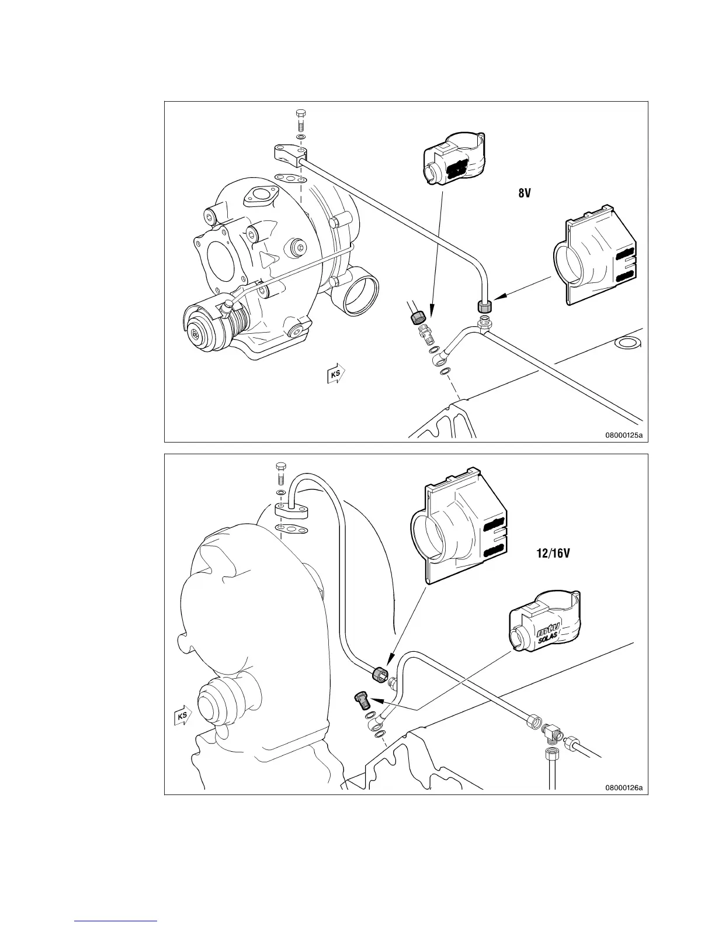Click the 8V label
pyautogui.click(x=524, y=193)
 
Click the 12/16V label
pyautogui.click(x=553, y=552)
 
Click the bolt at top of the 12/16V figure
pyautogui.click(x=280, y=472)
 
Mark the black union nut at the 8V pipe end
pyautogui.click(x=484, y=306)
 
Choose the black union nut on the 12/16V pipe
pyautogui.click(x=380, y=673)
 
